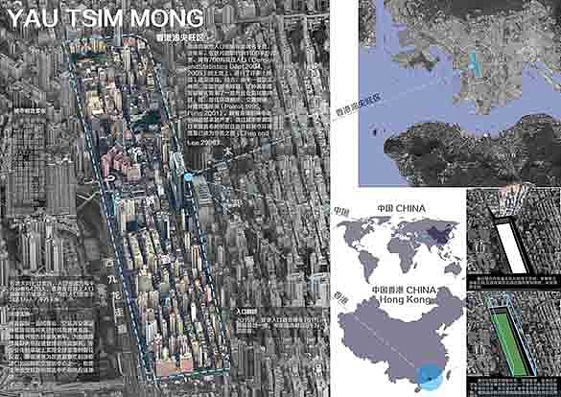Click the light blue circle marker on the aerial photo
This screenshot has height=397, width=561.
click(189, 176)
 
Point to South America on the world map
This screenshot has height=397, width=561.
click(362, 260)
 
